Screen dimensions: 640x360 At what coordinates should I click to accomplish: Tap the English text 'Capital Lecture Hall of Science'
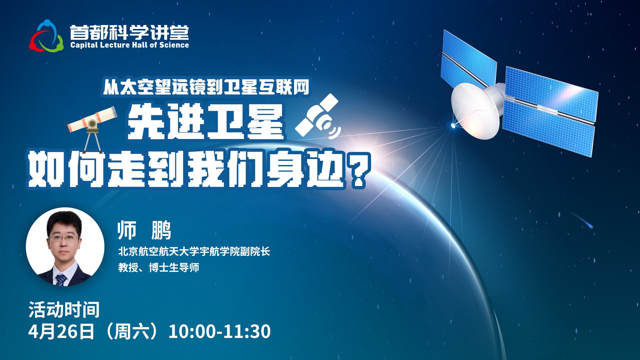coord(130,45)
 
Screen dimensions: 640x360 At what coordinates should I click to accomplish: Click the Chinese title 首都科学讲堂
coord(129,32)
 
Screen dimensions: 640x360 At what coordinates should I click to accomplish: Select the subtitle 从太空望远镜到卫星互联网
coord(206,87)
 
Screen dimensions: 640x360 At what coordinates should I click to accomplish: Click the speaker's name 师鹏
coord(144,230)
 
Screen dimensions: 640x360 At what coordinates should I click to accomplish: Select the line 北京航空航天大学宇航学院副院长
coord(194,251)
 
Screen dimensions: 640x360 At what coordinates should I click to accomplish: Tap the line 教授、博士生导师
coord(159,267)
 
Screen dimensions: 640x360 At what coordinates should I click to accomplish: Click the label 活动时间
coord(64,310)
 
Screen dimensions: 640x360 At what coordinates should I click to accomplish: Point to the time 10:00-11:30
coord(219,331)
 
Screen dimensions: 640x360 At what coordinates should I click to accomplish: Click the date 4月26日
coord(61,331)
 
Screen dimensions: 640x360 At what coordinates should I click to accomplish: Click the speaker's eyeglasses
coord(64,238)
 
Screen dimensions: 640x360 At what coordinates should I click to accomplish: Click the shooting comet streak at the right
coord(582,220)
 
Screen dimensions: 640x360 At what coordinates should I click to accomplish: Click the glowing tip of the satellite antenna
coord(453,125)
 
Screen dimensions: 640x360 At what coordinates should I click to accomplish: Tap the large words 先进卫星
coord(206,122)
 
